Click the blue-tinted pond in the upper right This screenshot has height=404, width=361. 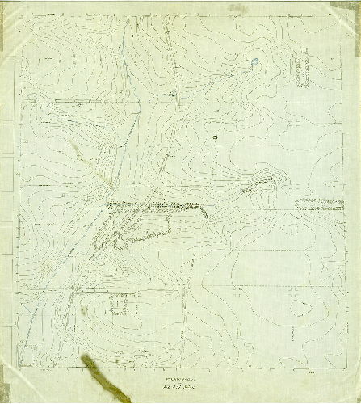coord(255,61)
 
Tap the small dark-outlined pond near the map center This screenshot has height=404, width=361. coord(215,137)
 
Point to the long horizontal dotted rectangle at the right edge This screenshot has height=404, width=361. coord(318,204)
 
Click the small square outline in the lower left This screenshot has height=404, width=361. coord(119,305)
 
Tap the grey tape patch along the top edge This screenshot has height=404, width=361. coord(237,9)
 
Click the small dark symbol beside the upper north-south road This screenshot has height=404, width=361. coord(171,94)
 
